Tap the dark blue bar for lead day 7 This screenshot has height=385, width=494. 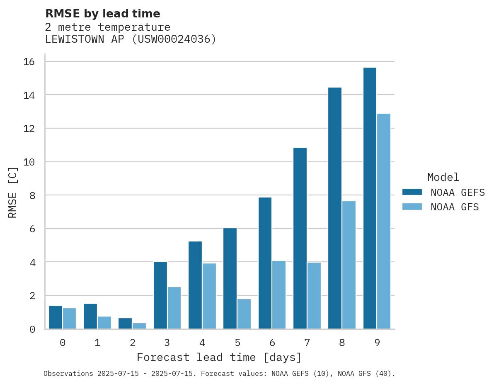(x=300, y=238)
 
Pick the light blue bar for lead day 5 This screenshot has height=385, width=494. (x=244, y=314)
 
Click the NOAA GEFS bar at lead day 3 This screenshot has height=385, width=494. (x=160, y=295)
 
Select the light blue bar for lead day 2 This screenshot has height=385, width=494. (x=139, y=326)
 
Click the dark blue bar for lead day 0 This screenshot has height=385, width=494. (x=56, y=317)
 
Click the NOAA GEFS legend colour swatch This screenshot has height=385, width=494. (x=412, y=192)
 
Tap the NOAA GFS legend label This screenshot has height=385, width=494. (x=455, y=207)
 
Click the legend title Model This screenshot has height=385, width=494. (x=443, y=177)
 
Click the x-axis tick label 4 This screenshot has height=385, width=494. (x=202, y=343)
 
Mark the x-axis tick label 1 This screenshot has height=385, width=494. (x=97, y=343)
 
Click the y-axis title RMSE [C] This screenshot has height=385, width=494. (x=13, y=192)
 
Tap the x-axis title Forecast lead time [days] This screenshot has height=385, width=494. (x=219, y=357)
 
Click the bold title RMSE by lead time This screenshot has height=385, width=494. (x=102, y=14)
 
